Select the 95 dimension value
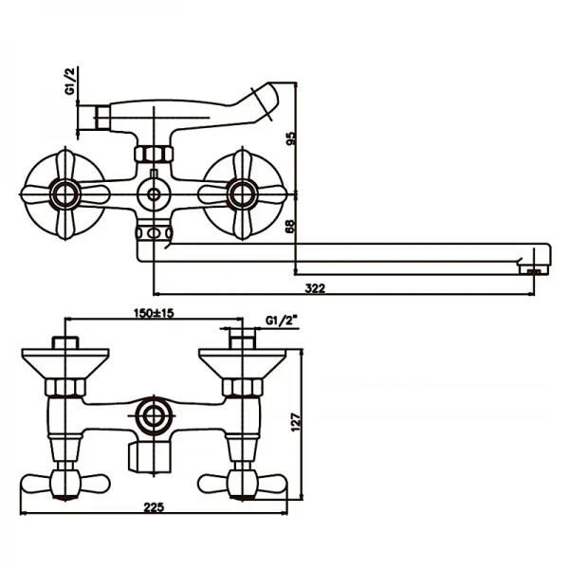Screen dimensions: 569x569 pyautogui.click(x=291, y=138)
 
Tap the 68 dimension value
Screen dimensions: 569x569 pyautogui.click(x=291, y=226)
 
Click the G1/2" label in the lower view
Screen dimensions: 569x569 pyautogui.click(x=283, y=319)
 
